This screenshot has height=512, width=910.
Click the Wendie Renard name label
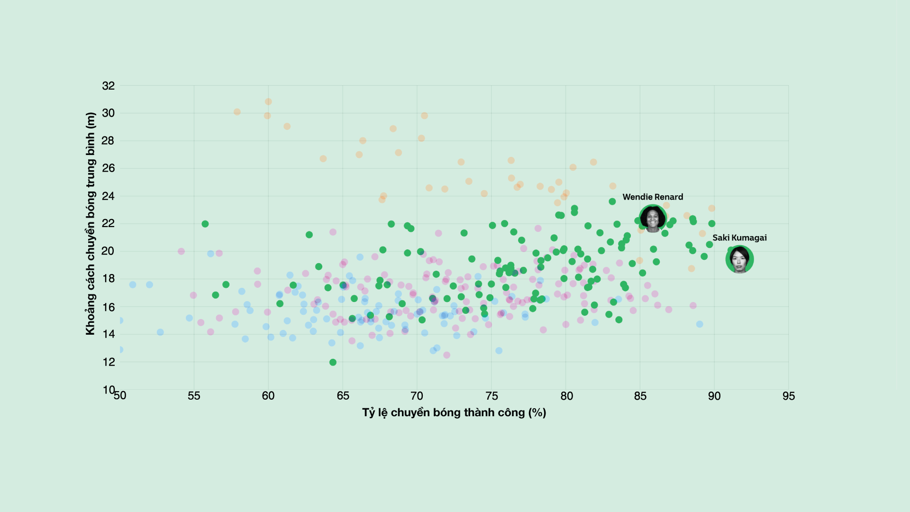[653, 197]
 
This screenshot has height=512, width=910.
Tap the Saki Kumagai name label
[739, 238]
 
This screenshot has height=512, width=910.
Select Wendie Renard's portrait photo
[653, 219]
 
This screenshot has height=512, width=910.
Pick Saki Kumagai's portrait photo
[739, 259]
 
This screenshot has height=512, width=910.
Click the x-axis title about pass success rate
[454, 412]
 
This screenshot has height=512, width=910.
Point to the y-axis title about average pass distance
[91, 223]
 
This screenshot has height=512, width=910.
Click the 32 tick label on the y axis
[109, 86]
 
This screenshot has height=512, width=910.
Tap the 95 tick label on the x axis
[789, 396]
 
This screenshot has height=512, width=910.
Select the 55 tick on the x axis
[194, 396]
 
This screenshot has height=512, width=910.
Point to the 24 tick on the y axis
[109, 196]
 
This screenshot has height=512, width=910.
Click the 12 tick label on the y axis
[109, 362]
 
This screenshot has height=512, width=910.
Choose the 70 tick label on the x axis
[417, 396]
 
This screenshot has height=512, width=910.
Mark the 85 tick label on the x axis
[640, 396]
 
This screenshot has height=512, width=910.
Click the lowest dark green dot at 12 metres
[333, 362]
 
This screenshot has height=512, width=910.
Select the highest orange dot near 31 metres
[268, 101]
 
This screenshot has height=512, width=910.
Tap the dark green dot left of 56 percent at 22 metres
[205, 224]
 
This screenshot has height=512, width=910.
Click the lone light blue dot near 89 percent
[700, 324]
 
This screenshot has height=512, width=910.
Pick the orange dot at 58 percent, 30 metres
[237, 112]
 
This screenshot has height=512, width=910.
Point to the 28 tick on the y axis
[109, 140]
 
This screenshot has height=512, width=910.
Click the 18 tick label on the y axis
[109, 279]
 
